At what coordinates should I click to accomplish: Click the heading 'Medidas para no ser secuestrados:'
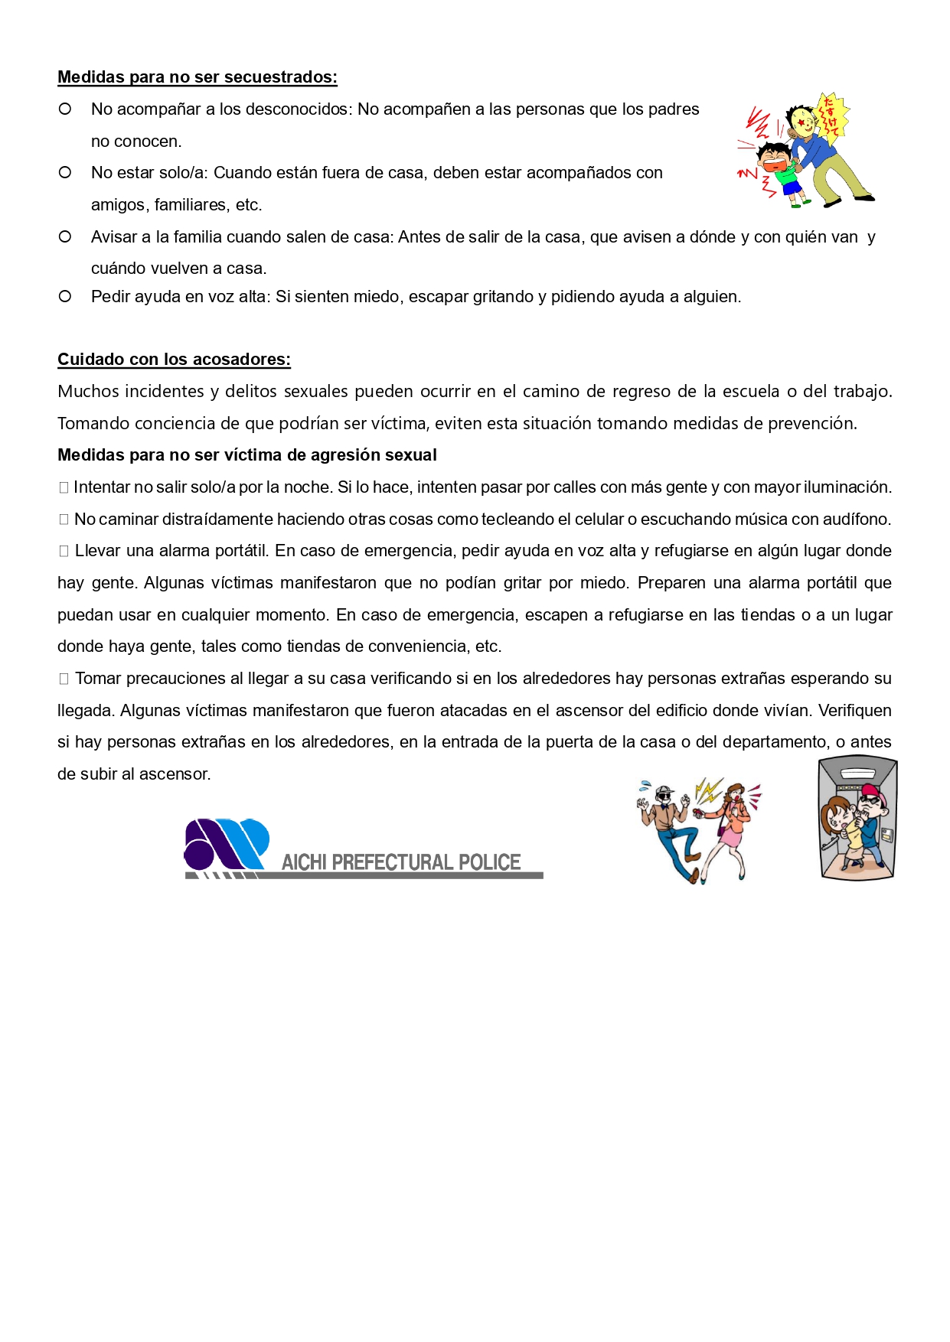(198, 77)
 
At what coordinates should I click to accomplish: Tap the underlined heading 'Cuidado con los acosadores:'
(174, 360)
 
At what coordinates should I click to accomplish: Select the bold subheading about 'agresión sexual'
(246, 455)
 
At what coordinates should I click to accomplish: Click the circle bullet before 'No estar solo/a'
(65, 173)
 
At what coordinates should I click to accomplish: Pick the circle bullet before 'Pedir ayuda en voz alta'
(65, 296)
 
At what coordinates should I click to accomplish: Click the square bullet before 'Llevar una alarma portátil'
(64, 551)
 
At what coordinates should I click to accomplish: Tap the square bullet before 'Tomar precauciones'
(64, 679)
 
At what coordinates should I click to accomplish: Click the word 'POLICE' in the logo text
(489, 862)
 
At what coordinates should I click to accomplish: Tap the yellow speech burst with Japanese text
(831, 116)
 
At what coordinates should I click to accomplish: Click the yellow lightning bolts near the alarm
(707, 790)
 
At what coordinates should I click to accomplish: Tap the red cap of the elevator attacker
(873, 793)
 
